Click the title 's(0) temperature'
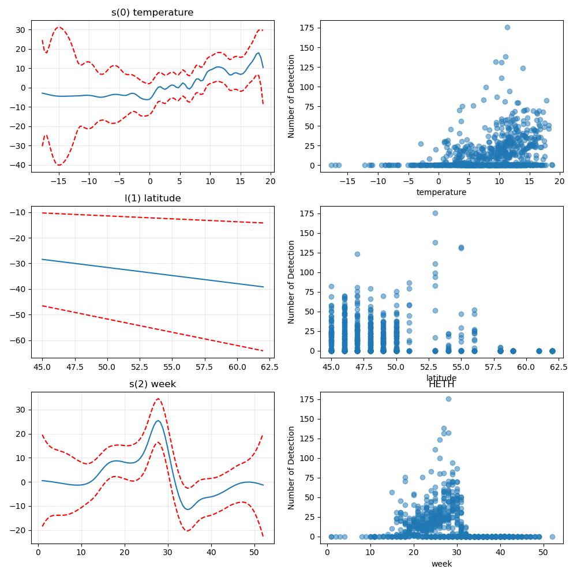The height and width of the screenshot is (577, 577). [x=152, y=12]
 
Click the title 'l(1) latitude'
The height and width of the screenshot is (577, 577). [x=153, y=198]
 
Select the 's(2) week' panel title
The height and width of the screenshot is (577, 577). [x=153, y=384]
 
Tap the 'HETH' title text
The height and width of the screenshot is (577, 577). [x=441, y=384]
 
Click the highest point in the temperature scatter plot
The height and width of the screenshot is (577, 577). [x=507, y=27]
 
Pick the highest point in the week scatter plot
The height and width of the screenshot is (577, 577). [x=448, y=399]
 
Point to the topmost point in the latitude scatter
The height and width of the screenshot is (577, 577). [x=435, y=213]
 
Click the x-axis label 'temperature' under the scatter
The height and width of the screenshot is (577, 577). [x=441, y=192]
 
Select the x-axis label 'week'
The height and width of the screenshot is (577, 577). [x=441, y=564]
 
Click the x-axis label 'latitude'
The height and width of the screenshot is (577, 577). [x=441, y=377]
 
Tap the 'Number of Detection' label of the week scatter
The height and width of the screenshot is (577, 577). [x=291, y=468]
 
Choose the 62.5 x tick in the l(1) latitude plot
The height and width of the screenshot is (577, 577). [x=269, y=367]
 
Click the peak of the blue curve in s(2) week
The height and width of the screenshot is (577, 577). [x=158, y=421]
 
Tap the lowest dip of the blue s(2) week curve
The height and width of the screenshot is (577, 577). [x=188, y=509]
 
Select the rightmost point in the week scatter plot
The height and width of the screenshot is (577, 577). [x=552, y=537]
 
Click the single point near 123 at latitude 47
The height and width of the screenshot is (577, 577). [x=357, y=254]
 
